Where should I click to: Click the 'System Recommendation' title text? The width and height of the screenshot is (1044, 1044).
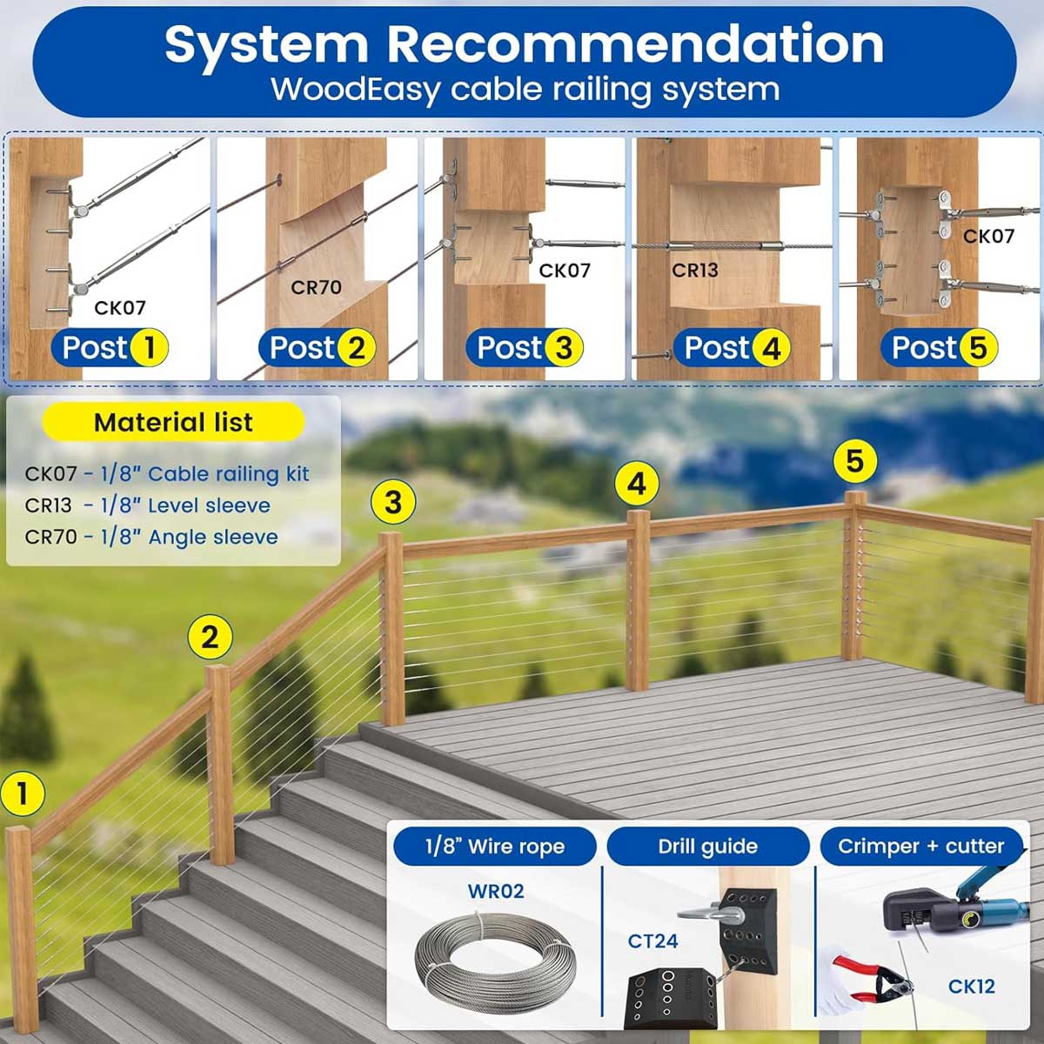click(x=524, y=43)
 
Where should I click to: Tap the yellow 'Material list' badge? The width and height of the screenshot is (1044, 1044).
click(x=173, y=423)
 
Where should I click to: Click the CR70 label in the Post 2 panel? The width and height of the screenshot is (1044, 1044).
click(x=316, y=287)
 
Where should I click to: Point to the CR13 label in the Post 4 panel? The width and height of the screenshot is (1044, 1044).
click(x=695, y=270)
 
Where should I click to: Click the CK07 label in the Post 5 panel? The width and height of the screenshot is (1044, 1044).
click(x=988, y=236)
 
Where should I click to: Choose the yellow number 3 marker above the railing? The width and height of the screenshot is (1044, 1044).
click(x=393, y=502)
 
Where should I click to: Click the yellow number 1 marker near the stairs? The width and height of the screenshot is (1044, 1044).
click(x=23, y=793)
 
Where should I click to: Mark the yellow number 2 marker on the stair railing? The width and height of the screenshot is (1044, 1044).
click(x=210, y=638)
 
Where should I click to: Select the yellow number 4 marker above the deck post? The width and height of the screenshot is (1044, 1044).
click(x=637, y=484)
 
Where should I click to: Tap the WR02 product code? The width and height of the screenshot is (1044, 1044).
click(x=496, y=891)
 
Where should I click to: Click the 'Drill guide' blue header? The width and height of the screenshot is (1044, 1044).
click(x=707, y=847)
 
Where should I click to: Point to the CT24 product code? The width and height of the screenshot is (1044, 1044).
click(x=652, y=940)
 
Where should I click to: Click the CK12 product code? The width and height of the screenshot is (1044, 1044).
click(x=972, y=987)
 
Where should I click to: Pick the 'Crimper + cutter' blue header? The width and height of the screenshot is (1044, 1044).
click(x=920, y=847)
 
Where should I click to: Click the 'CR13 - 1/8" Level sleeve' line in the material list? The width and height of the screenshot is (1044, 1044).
click(x=148, y=505)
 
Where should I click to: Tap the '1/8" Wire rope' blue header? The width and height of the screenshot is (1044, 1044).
click(x=495, y=847)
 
